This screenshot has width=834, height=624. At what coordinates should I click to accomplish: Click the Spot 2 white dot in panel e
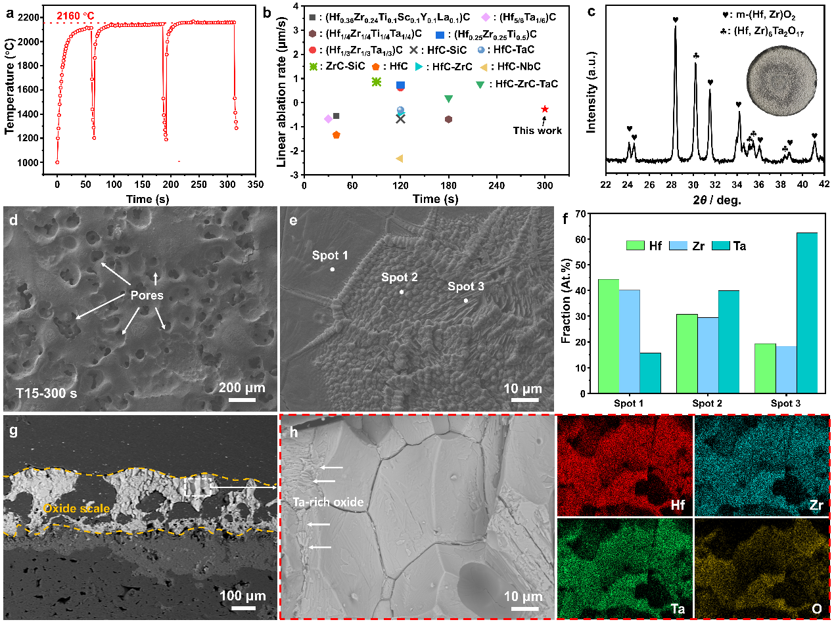coord(402,292)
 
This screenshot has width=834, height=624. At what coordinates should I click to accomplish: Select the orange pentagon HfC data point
coord(336,135)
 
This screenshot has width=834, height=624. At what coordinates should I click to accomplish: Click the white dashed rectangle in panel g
coord(198,487)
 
